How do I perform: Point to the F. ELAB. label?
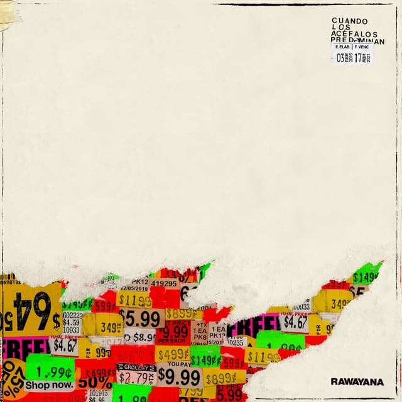tap(343, 47)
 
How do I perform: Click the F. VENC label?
tap(363, 47)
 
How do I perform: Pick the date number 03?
tap(341, 58)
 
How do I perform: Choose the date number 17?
tap(359, 58)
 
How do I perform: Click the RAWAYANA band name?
tap(357, 381)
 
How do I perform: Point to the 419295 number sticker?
tap(163, 283)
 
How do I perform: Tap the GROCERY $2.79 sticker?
tap(136, 374)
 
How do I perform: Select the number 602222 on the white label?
tap(72, 316)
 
